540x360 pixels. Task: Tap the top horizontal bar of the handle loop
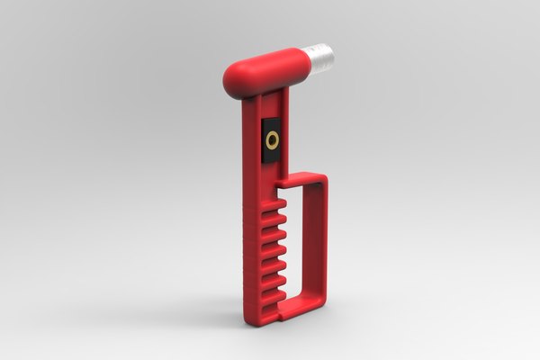[x=301, y=181]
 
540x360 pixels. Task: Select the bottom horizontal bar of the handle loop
[x=299, y=310]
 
